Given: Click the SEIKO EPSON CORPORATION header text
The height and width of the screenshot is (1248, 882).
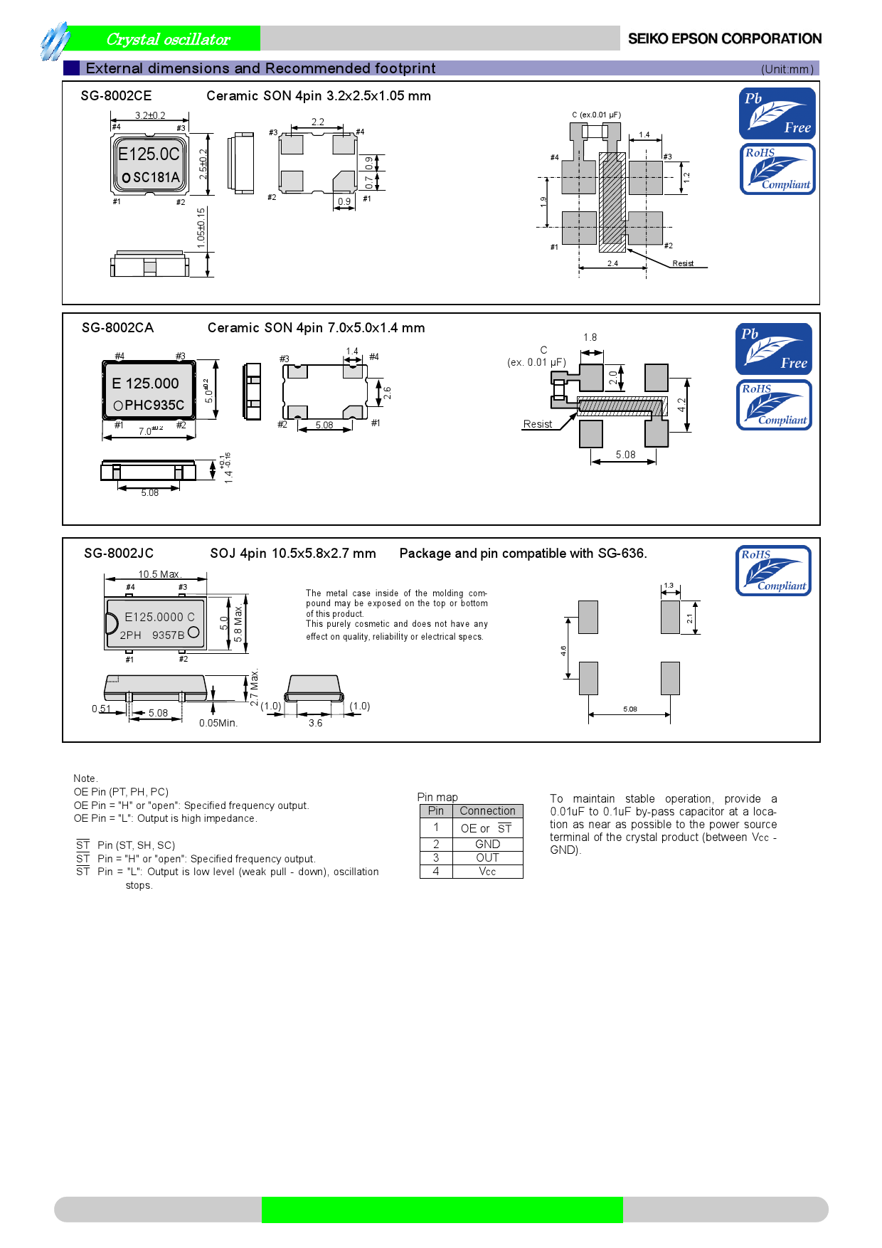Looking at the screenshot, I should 724,39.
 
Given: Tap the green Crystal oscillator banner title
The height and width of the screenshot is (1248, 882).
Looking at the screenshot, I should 168,39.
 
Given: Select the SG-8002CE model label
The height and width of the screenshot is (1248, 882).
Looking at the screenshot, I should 116,96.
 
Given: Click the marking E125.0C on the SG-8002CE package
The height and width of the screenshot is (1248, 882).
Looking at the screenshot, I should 149,154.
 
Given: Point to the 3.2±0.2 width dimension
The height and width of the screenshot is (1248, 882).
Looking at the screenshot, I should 150,115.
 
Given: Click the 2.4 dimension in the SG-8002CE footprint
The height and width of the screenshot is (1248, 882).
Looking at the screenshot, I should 612,263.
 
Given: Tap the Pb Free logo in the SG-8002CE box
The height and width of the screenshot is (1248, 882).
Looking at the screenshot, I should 777,113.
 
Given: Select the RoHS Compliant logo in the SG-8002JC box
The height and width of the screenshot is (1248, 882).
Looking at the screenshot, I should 773,571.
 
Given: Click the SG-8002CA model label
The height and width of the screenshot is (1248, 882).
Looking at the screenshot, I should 117,328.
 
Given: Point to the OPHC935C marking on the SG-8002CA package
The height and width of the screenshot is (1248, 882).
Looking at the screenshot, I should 149,406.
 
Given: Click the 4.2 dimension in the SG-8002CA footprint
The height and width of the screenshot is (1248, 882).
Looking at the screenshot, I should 681,405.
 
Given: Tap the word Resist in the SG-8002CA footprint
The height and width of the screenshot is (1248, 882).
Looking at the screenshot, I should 537,424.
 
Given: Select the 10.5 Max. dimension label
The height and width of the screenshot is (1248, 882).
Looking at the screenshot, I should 159,574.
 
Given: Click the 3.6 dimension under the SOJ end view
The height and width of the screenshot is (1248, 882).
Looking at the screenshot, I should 315,723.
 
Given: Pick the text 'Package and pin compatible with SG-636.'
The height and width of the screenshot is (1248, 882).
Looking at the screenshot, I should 523,554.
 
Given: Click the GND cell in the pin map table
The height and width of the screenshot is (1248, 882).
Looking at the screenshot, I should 487,844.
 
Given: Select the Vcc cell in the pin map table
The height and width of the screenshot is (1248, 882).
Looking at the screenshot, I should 487,872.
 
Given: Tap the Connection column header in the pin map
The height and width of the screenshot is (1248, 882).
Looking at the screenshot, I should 487,811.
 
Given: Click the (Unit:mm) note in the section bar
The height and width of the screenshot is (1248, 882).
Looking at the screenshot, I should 787,69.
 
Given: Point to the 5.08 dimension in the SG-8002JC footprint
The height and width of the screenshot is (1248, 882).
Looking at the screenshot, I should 629,709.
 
